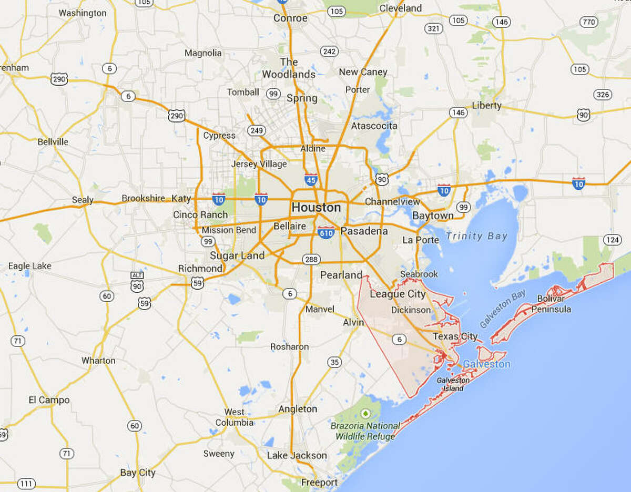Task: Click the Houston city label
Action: pos(316,208)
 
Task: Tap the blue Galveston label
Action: pos(486,364)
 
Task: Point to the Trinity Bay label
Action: pos(477,236)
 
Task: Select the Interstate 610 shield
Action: pos(326,232)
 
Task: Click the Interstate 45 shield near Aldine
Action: pos(310,180)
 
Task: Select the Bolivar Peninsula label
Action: pos(551,304)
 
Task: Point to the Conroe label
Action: pos(290,18)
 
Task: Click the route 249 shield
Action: pos(257,130)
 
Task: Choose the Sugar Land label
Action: pos(237,256)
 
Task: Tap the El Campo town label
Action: pos(49,400)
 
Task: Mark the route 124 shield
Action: pos(612,240)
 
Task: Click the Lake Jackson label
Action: pos(297,455)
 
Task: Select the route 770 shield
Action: pos(588,22)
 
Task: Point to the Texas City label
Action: pos(455,336)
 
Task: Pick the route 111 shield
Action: pos(26,483)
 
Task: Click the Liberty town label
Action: pos(486,105)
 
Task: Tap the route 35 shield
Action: pos(334,362)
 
